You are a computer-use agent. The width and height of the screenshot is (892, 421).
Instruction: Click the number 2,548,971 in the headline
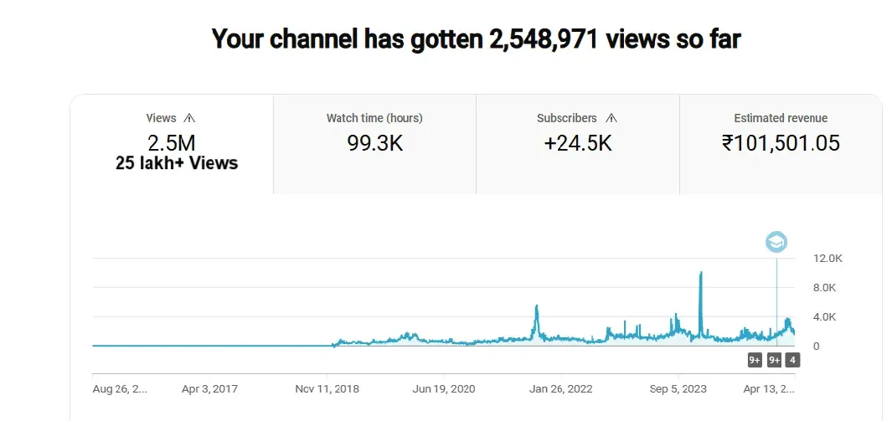(542, 39)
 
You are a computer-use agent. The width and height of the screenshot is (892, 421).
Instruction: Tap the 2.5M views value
(173, 142)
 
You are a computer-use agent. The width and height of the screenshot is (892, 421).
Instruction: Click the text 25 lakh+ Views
(177, 163)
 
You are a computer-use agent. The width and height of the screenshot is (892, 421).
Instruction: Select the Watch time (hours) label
(374, 118)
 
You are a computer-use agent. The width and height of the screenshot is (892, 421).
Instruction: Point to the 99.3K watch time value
(374, 143)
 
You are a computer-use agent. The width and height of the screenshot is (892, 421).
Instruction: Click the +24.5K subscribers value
(578, 143)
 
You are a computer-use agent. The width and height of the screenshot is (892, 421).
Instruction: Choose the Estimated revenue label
(781, 118)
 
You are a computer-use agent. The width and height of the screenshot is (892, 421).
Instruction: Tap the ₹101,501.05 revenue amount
(781, 143)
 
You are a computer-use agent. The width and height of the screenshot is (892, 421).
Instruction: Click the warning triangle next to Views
(188, 118)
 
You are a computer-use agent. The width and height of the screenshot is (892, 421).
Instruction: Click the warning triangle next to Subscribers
(611, 118)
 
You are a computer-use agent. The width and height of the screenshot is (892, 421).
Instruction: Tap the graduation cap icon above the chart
(776, 242)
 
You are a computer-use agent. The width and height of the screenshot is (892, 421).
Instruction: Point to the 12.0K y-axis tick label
(827, 259)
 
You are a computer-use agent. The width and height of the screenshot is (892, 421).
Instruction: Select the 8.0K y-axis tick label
(824, 288)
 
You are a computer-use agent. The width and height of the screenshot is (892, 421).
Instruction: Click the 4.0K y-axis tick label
(824, 317)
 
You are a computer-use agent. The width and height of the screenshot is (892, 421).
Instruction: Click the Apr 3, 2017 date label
(211, 389)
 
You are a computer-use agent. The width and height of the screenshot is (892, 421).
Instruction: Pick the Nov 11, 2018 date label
(327, 389)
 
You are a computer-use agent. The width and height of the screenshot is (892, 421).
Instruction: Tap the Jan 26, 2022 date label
(562, 389)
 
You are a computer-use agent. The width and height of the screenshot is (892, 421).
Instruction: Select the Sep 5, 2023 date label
(678, 389)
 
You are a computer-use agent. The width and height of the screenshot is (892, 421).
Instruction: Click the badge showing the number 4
(792, 360)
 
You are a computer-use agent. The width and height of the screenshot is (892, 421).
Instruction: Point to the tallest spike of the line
(700, 274)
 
